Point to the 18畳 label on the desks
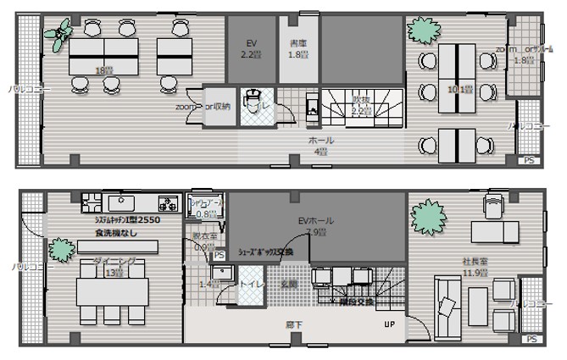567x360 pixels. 104,70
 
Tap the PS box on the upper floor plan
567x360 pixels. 529,159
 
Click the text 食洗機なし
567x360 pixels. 117,231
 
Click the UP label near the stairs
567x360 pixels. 389,324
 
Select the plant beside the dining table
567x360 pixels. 60,252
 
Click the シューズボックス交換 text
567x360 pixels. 265,252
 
